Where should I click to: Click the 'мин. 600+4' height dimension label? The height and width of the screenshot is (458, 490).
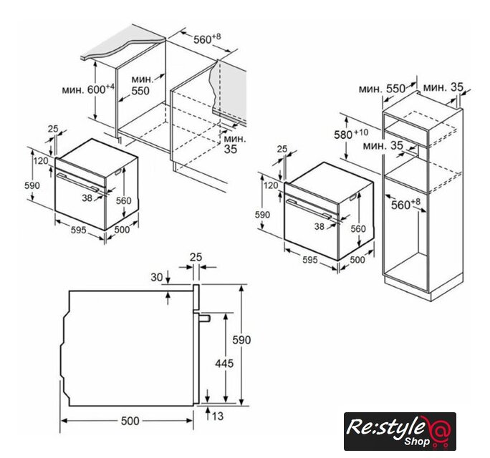coord(88,89)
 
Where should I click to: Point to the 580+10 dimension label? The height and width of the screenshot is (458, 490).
coord(351,135)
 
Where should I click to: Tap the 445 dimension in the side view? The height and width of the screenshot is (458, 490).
coord(224,364)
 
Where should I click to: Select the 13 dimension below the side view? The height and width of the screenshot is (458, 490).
coord(218,416)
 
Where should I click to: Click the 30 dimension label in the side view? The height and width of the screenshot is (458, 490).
coord(157,277)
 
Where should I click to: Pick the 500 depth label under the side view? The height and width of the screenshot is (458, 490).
coord(130,421)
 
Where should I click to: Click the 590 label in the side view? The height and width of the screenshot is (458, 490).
coord(241,340)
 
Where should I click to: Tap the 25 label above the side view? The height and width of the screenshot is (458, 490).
coord(196,257)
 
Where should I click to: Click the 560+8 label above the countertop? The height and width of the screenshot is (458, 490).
coord(207,39)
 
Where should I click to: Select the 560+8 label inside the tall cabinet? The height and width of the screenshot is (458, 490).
coord(406,204)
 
